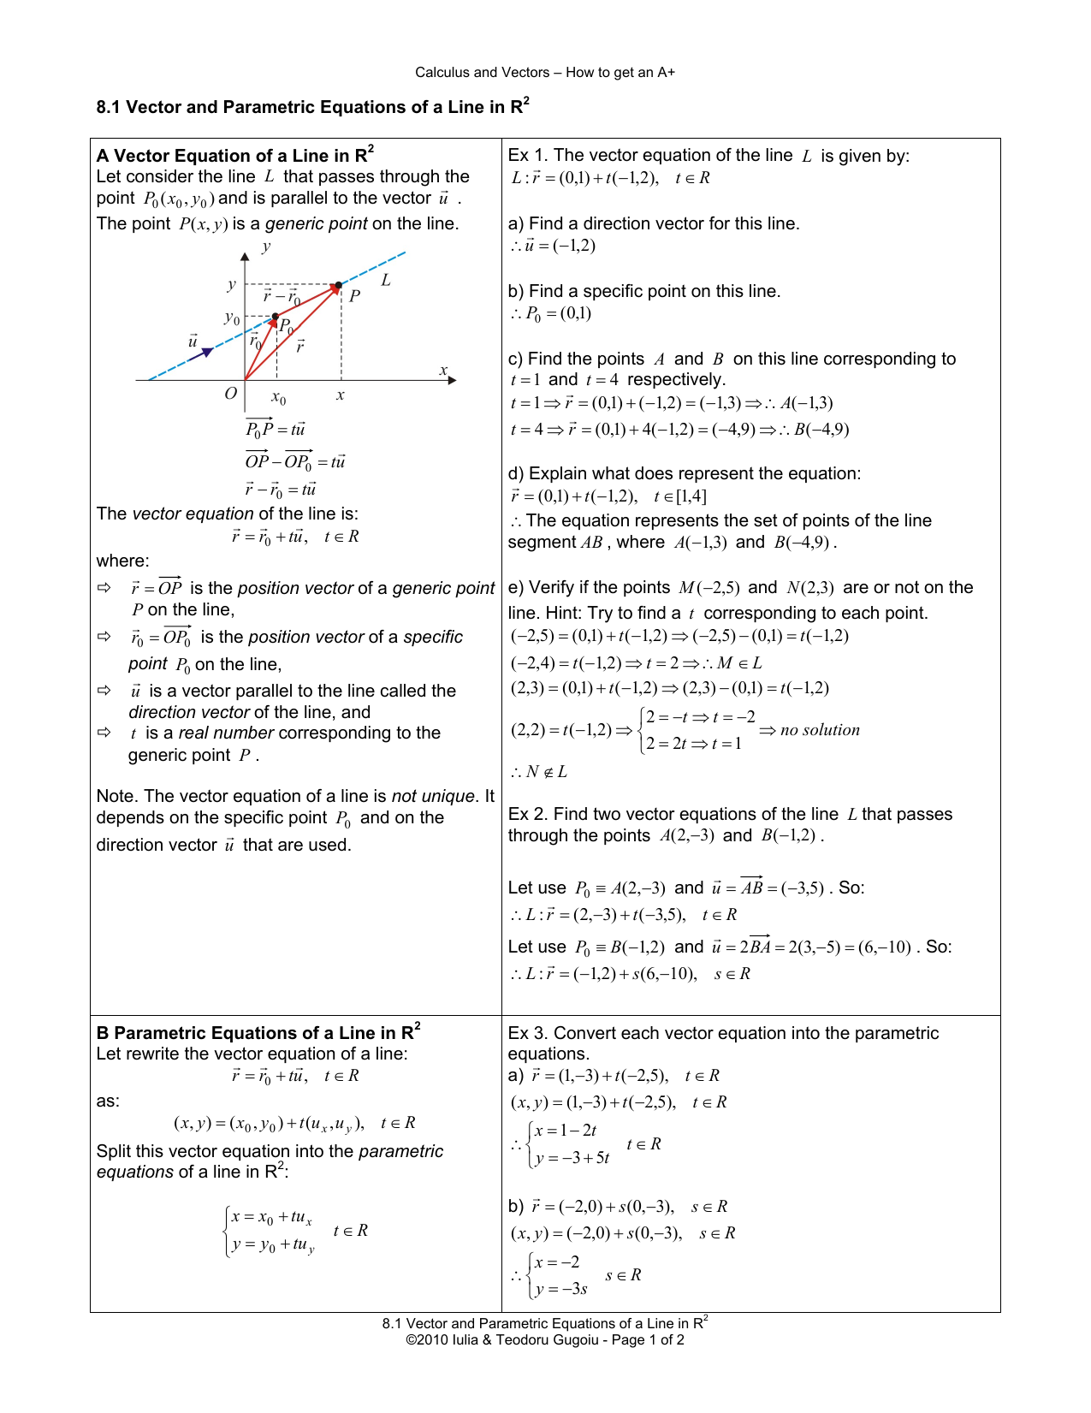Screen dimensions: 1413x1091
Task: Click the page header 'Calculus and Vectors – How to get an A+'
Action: pyautogui.click(x=545, y=73)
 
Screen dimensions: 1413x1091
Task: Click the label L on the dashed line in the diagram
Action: pyautogui.click(x=386, y=280)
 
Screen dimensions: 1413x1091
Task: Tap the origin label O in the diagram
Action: pyautogui.click(x=230, y=394)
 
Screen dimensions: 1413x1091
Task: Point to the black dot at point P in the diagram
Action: pyautogui.click(x=339, y=285)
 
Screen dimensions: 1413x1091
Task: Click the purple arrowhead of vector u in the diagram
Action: pyautogui.click(x=206, y=352)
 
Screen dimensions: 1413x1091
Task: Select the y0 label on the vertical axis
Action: pyautogui.click(x=231, y=318)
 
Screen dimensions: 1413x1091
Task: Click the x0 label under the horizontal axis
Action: pyautogui.click(x=278, y=398)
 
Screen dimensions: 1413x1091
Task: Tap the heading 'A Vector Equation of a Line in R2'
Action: pyautogui.click(x=234, y=155)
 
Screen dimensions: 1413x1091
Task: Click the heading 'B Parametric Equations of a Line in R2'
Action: pyautogui.click(x=258, y=1032)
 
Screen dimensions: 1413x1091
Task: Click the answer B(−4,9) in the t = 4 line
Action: pyautogui.click(x=821, y=430)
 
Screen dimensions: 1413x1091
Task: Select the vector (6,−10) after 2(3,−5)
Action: pyautogui.click(x=884, y=947)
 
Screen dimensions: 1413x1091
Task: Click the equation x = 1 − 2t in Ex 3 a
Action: pyautogui.click(x=565, y=1131)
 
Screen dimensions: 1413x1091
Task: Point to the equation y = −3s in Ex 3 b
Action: pyautogui.click(x=561, y=1289)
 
